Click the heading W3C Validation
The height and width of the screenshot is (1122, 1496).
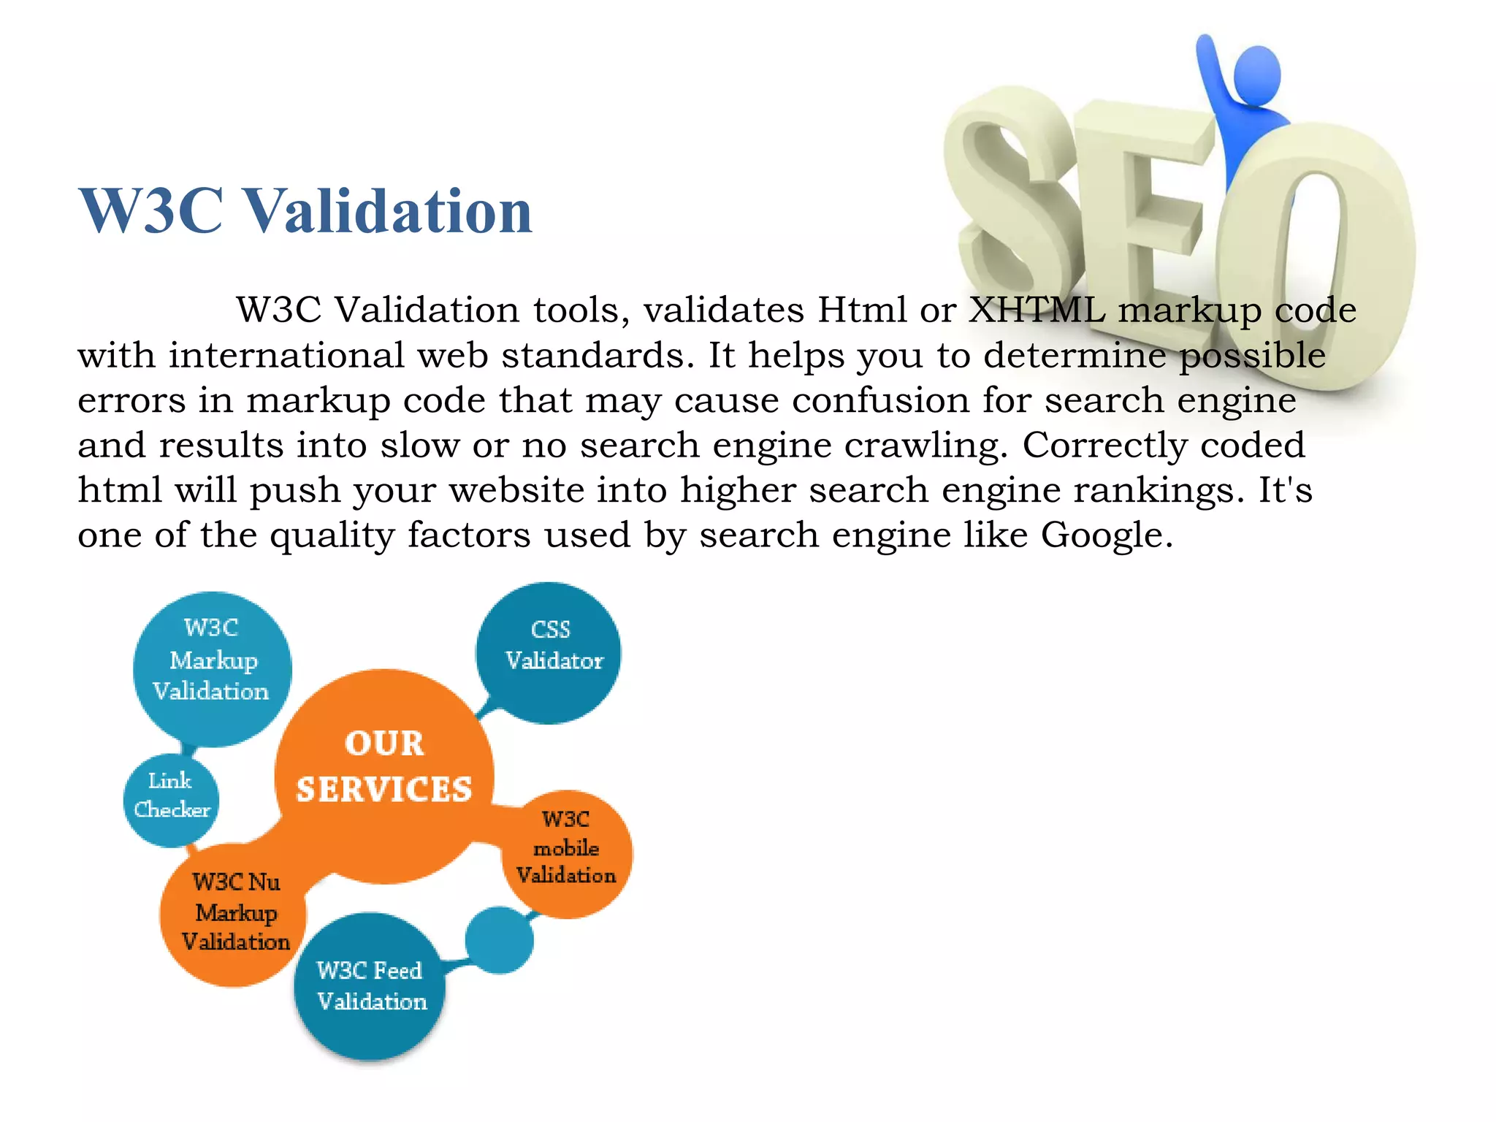pyautogui.click(x=305, y=211)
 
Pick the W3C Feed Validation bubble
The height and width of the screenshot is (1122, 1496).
pyautogui.click(x=370, y=986)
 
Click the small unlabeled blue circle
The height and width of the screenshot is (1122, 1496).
pyautogui.click(x=500, y=940)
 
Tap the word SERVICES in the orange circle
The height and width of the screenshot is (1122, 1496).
pyautogui.click(x=384, y=790)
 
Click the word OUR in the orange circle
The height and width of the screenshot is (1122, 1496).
pyautogui.click(x=384, y=744)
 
